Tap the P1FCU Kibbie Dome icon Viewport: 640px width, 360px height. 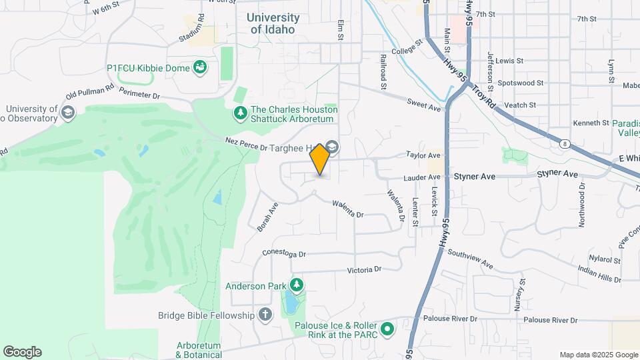199,67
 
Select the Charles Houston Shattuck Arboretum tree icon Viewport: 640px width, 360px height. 240,114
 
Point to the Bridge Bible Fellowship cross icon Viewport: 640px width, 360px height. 265,315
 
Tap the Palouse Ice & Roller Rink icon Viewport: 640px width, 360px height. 386,329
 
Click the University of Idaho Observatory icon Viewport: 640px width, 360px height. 67,112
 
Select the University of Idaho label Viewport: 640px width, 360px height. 274,23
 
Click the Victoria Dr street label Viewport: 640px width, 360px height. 364,269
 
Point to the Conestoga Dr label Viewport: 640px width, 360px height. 283,254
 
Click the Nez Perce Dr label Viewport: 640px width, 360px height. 245,142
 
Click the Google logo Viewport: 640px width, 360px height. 22,352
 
